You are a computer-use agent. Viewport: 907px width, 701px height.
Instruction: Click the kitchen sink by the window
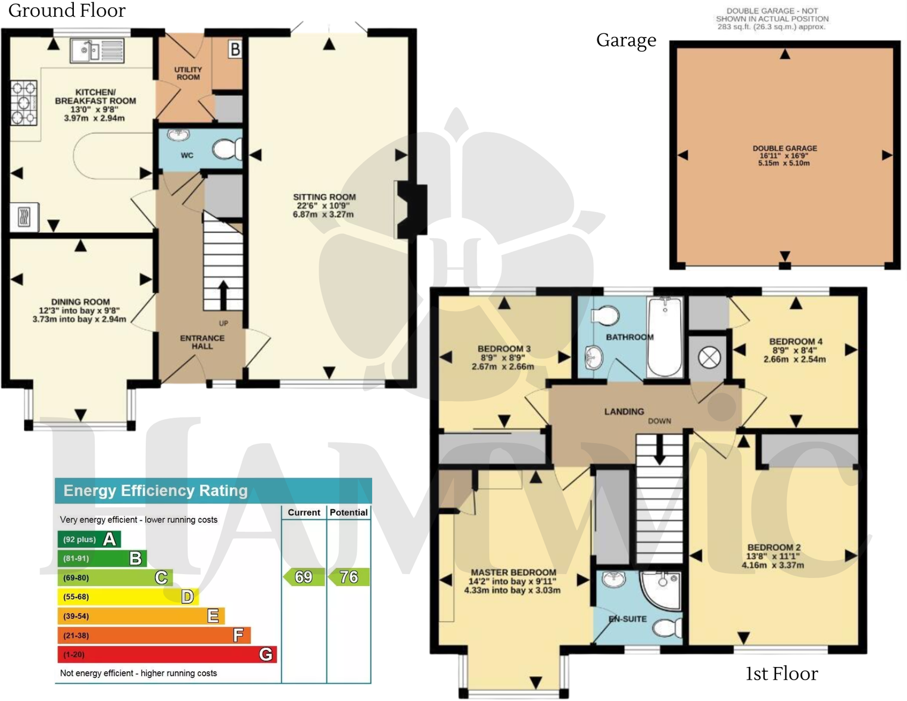coord(97,51)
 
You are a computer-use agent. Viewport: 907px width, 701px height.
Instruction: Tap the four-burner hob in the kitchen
coord(24,102)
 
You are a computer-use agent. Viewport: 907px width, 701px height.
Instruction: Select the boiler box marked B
coord(235,49)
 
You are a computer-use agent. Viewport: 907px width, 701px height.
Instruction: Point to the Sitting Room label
coord(324,205)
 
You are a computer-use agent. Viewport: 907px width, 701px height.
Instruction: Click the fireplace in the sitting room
coord(413,209)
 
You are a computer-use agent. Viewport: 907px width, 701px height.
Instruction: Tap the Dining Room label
coord(80,310)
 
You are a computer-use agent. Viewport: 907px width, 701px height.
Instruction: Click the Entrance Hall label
coord(202,342)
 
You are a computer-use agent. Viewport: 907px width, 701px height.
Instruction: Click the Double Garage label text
coord(784,155)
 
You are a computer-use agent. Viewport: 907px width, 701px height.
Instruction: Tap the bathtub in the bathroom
coord(665,337)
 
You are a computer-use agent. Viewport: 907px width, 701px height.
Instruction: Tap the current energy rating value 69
coord(304,577)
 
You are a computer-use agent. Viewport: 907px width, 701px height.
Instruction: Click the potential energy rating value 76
coord(348,577)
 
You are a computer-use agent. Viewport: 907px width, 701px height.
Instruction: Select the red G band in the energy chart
coord(167,655)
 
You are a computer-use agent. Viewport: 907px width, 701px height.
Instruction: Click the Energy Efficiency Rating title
coord(155,491)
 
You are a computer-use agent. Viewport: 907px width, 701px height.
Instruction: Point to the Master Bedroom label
coord(513,581)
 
